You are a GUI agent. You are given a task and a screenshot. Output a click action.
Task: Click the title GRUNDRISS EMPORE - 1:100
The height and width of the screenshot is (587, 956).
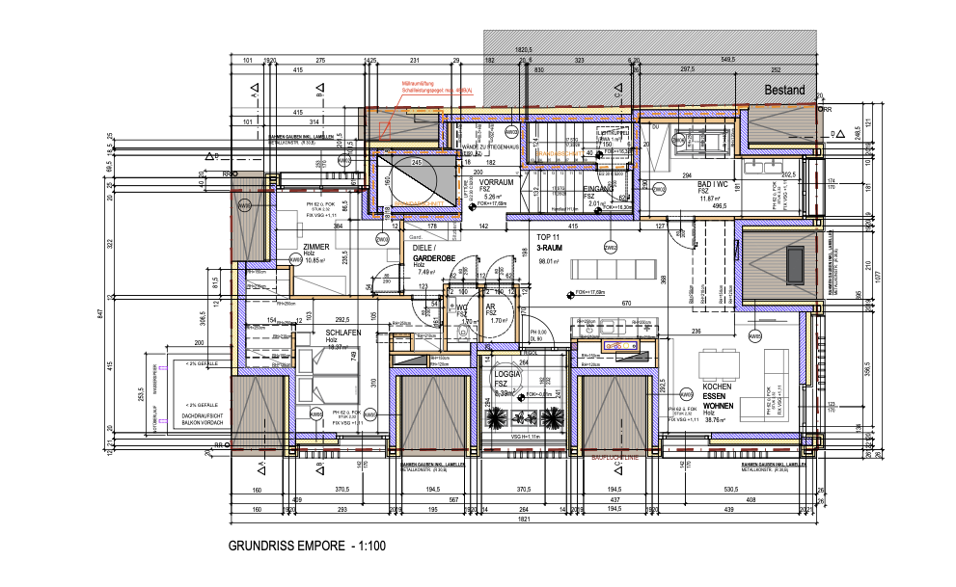307,546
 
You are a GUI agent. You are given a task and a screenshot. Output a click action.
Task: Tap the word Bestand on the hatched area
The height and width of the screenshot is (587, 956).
784,91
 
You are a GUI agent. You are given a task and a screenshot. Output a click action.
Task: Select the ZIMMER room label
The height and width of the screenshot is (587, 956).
316,248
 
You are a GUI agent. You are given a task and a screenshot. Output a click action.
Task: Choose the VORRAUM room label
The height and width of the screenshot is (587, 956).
495,182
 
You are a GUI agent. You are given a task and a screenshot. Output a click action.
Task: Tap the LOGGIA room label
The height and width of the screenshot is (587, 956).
507,375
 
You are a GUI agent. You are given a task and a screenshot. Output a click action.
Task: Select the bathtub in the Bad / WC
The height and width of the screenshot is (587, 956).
694,143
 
